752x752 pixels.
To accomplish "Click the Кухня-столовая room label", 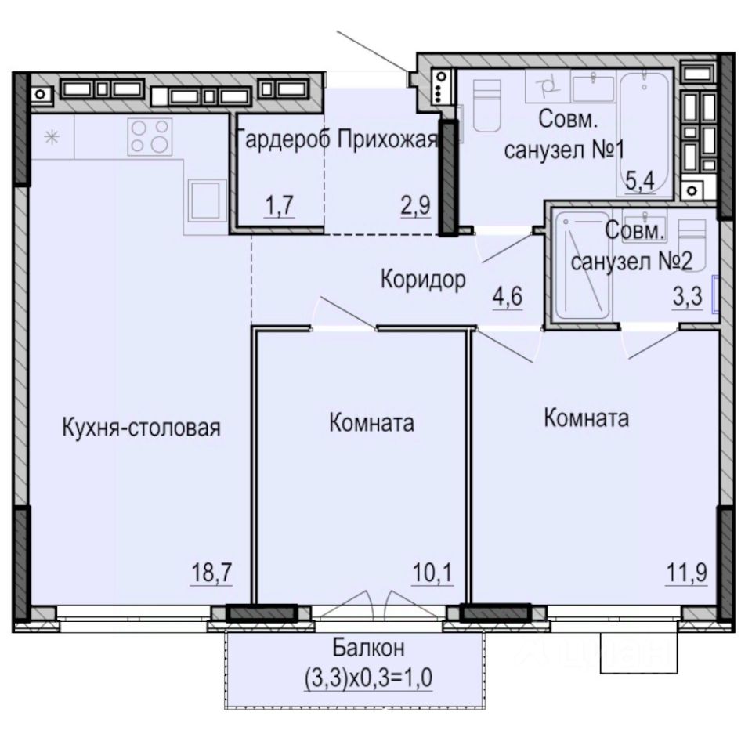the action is pyautogui.click(x=142, y=427).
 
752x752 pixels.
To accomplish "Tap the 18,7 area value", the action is pyautogui.click(x=212, y=572).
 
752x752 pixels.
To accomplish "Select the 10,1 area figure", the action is pyautogui.click(x=432, y=572).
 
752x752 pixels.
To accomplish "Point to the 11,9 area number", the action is pyautogui.click(x=687, y=572).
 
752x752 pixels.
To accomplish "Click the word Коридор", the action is pyautogui.click(x=423, y=279).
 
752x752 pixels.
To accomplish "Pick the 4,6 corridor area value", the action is pyautogui.click(x=508, y=296).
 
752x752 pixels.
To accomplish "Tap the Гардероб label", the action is pyautogui.click(x=283, y=140).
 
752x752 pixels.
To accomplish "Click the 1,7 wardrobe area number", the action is pyautogui.click(x=279, y=206).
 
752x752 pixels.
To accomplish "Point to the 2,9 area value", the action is pyautogui.click(x=416, y=206).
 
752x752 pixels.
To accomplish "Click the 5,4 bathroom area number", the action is pyautogui.click(x=640, y=181).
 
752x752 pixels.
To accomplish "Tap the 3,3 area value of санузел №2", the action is pyautogui.click(x=687, y=296).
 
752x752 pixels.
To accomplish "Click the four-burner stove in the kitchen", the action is pyautogui.click(x=150, y=136).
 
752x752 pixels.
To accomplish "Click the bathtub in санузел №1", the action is pyautogui.click(x=645, y=133).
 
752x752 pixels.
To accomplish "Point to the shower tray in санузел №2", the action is pyautogui.click(x=583, y=266).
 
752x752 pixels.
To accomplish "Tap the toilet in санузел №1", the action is pyautogui.click(x=487, y=106).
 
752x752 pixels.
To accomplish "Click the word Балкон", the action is pyautogui.click(x=369, y=648).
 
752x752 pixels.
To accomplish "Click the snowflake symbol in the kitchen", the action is pyautogui.click(x=52, y=138).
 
